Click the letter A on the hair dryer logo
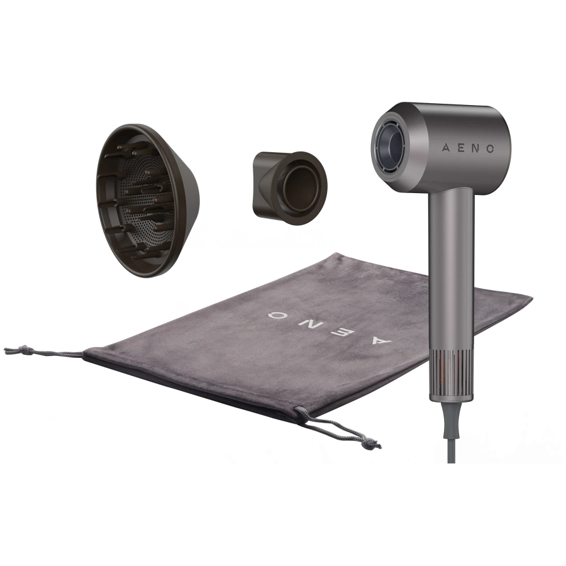446,148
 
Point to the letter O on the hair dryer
490,148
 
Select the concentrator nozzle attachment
289,187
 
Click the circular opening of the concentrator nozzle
301,188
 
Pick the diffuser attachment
148,201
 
